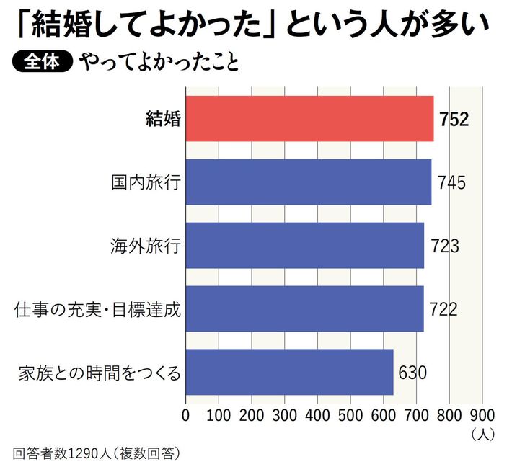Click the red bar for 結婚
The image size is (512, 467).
point(310,119)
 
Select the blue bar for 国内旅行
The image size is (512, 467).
point(309,182)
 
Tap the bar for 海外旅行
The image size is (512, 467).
point(305,246)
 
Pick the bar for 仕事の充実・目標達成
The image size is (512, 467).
point(304,309)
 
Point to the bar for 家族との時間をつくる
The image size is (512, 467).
point(289,373)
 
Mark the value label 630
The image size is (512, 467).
point(412,373)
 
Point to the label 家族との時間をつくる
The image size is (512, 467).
point(99,373)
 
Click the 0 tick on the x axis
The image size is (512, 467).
point(186,415)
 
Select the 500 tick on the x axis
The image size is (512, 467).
point(350,415)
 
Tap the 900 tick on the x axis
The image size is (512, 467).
point(482,415)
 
